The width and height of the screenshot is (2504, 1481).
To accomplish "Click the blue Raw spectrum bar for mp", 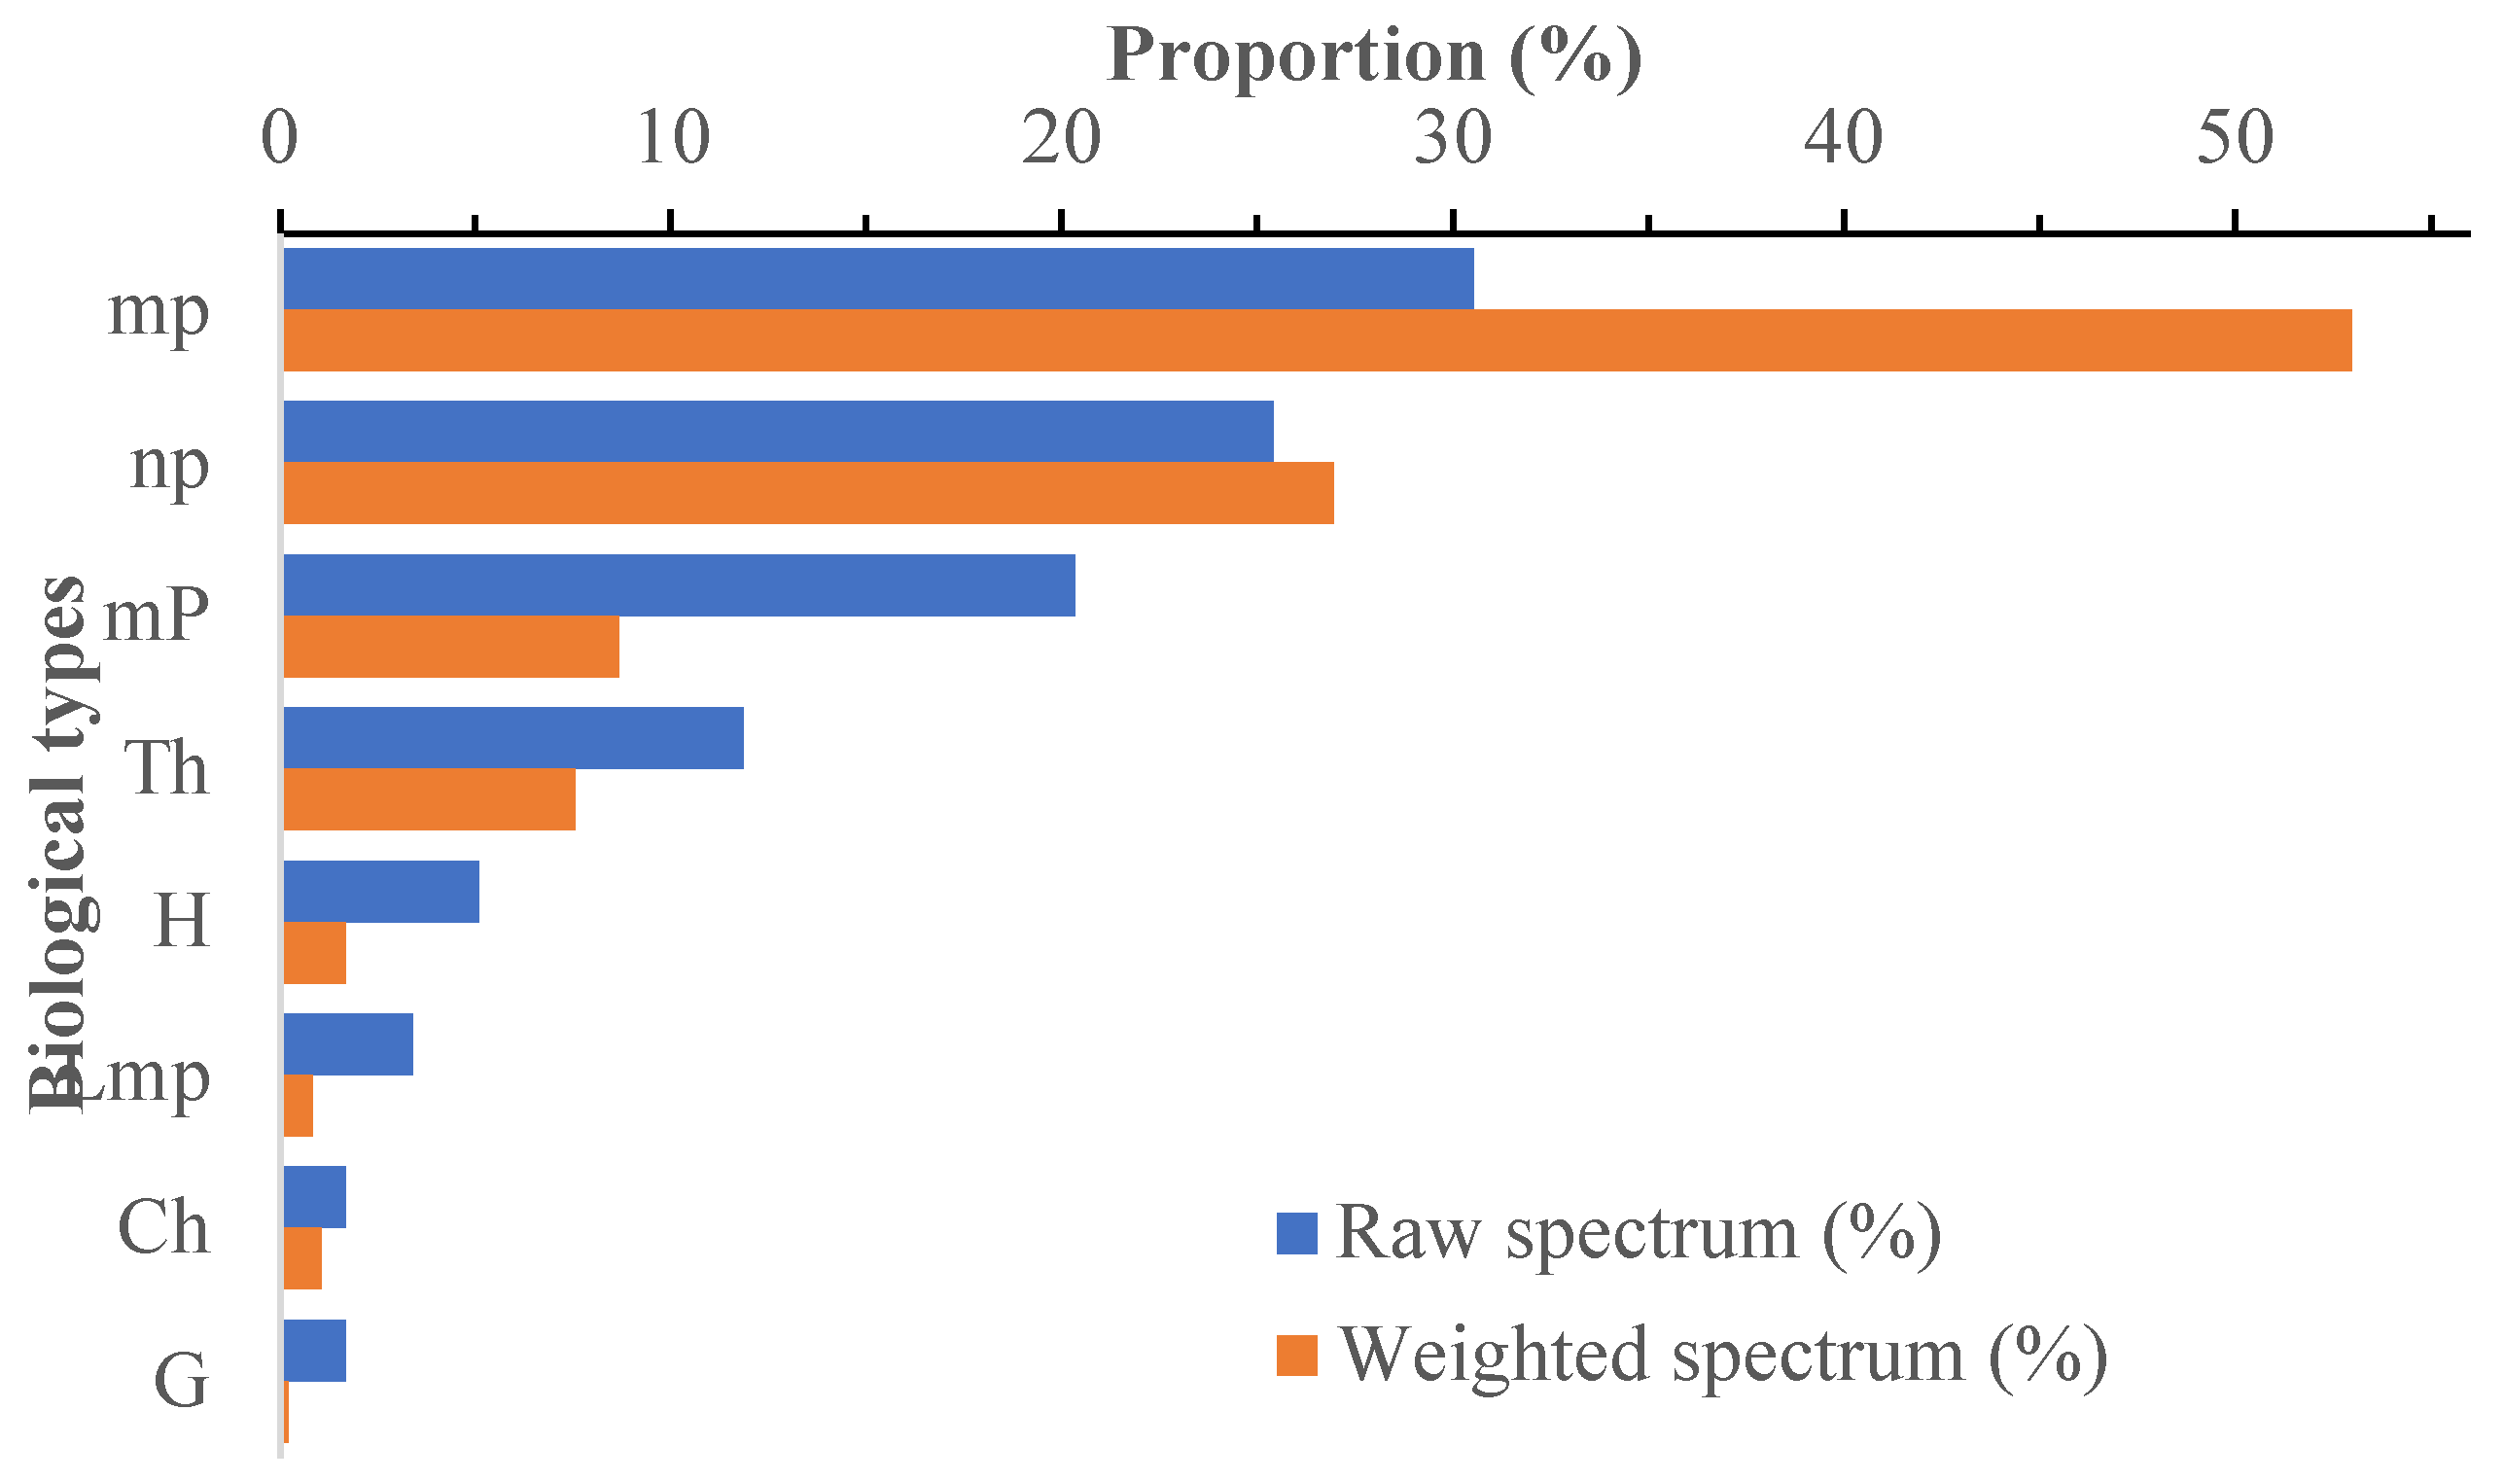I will coord(878,278).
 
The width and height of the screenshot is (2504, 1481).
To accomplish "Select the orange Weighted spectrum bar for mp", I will coord(1318,340).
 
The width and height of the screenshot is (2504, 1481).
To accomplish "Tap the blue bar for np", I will coord(779,431).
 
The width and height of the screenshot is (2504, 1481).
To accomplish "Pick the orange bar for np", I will coord(808,493).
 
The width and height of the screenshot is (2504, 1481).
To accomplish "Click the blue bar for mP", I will coord(679,584).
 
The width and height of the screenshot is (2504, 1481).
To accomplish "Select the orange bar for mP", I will coord(451,647).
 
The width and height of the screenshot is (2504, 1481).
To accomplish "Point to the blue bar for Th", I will coord(513,737).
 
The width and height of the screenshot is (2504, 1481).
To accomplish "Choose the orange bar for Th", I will coord(429,799).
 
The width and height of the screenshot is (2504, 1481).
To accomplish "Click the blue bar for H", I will coord(381,891).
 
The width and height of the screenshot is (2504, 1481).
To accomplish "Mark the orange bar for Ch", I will coord(302,1258).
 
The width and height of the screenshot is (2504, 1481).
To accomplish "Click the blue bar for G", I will coord(314,1351).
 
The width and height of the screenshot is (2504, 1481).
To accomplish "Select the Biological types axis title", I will coord(62,843).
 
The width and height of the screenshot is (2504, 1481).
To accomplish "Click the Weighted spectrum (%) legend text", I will coord(1722,1357).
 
